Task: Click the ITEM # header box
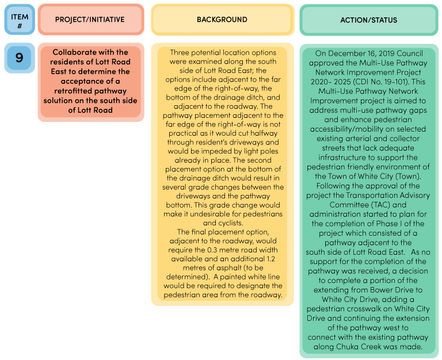pos(20,20)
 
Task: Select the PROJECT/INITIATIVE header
pos(91,20)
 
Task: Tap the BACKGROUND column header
pos(222,20)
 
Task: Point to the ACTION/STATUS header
pos(369,20)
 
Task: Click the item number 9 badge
pos(20,58)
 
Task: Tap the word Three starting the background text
pos(180,52)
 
